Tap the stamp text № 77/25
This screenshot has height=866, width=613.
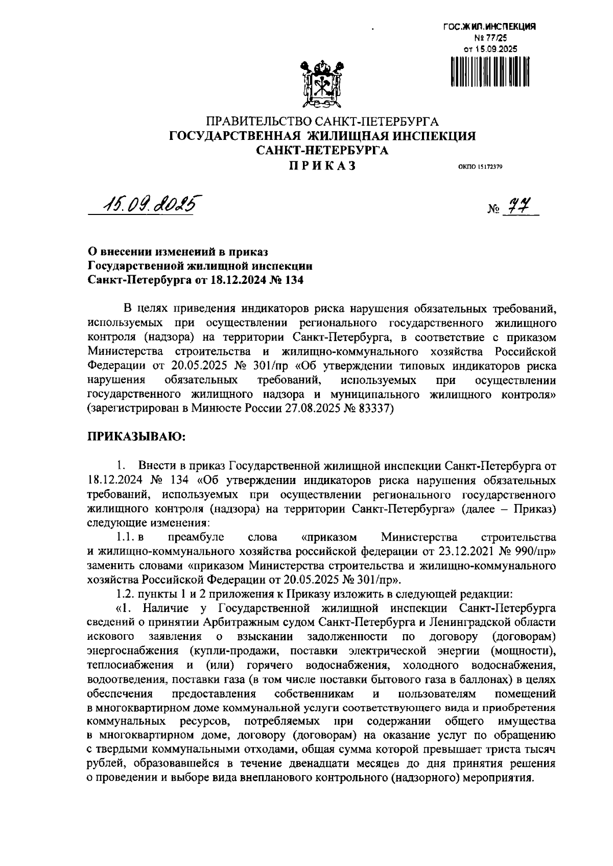click(x=490, y=38)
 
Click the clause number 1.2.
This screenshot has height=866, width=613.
click(x=125, y=594)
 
